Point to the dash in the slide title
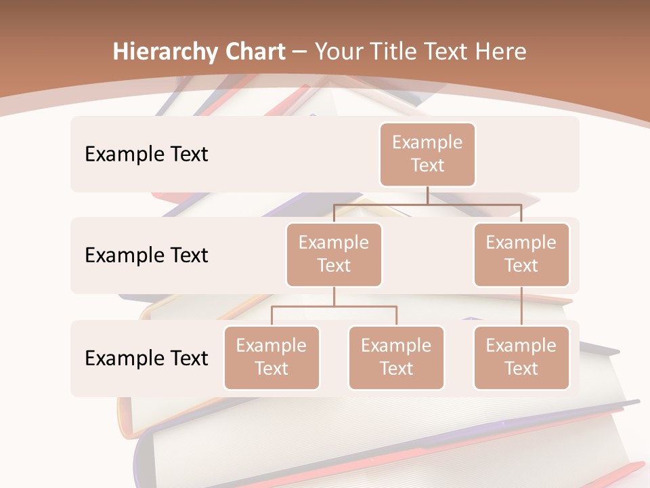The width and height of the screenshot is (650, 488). click(x=300, y=52)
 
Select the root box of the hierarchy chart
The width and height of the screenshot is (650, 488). click(x=427, y=154)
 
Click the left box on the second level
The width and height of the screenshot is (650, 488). click(x=334, y=254)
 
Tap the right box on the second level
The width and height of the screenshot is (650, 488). click(x=521, y=254)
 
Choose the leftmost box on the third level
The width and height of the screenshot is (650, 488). click(x=272, y=357)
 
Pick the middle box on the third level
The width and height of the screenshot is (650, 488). click(x=396, y=357)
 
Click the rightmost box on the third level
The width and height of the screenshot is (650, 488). click(x=521, y=357)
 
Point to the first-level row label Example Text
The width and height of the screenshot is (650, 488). click(x=146, y=154)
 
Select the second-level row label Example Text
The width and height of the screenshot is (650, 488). click(x=146, y=255)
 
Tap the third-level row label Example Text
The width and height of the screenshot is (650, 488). click(x=146, y=358)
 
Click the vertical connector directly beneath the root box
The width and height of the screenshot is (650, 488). click(x=427, y=195)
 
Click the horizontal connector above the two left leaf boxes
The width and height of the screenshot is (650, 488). click(x=334, y=306)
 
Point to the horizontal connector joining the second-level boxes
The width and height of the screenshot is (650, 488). click(x=427, y=204)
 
